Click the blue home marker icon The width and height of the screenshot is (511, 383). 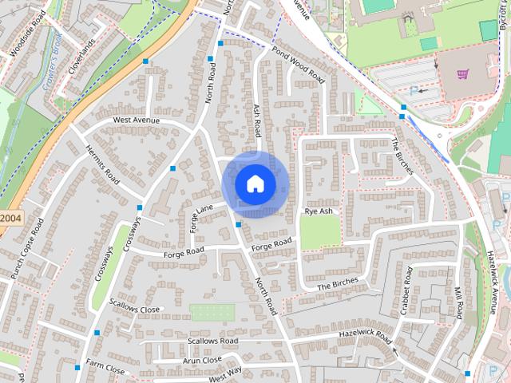255,184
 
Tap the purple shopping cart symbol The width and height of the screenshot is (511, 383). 463,75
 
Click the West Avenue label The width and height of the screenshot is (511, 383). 136,120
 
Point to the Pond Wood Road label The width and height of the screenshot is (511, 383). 299,65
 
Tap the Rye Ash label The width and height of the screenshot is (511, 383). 318,212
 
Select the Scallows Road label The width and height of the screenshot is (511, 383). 212,341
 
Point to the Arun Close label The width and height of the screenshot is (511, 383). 201,360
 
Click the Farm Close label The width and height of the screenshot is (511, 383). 105,369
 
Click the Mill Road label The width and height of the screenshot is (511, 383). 458,304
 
